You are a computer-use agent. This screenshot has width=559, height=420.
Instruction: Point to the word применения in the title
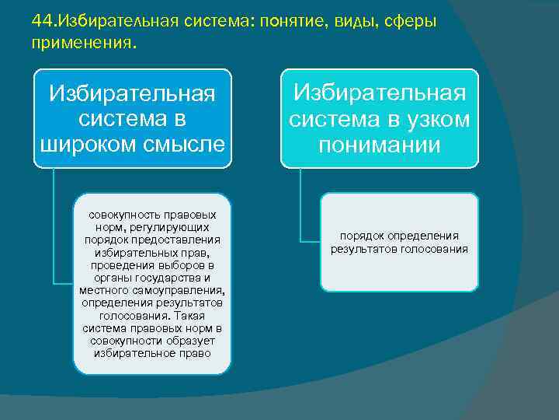(82, 44)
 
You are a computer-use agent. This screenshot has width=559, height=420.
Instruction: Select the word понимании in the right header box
(379, 144)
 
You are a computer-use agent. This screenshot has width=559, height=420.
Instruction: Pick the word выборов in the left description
(185, 265)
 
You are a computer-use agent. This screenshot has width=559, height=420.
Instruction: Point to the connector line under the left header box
(53, 226)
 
